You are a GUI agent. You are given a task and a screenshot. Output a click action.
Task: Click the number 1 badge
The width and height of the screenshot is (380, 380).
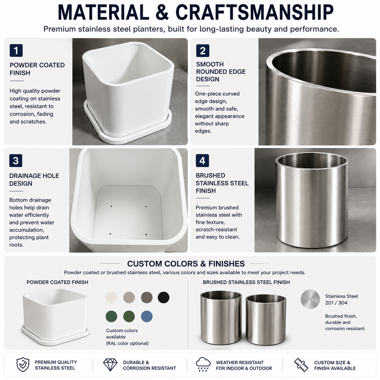pos(16,50)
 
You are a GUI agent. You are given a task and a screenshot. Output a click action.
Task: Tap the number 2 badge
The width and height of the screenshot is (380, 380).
pos(203,51)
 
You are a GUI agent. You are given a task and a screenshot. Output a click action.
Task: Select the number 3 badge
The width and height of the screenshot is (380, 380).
pos(16,160)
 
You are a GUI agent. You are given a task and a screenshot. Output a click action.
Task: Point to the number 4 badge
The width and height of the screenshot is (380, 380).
pos(202,160)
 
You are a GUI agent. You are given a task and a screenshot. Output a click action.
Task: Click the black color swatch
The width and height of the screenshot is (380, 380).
pos(163,297)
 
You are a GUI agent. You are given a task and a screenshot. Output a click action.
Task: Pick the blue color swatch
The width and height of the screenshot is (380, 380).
pos(146,316)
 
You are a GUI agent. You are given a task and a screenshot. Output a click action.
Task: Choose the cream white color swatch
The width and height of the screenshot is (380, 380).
pos(112,297)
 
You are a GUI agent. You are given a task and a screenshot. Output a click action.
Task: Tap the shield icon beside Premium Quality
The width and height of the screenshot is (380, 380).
pos(23,365)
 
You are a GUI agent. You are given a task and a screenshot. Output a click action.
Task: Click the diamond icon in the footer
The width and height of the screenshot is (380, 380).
pos(110,365)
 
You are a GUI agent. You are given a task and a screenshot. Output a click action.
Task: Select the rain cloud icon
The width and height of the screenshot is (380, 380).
pos(203,364)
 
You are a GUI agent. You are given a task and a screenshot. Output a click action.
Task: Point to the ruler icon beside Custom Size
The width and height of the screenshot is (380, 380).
pos(301,365)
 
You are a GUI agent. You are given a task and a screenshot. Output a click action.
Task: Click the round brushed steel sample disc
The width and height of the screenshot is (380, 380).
pos(310,299)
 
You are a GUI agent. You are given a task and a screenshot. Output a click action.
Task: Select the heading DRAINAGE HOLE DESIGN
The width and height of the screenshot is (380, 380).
pos(34,180)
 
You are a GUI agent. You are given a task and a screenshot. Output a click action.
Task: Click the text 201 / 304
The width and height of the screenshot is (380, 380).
pos(336,303)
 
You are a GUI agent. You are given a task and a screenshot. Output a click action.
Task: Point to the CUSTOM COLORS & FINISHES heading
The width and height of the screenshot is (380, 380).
pos(186,264)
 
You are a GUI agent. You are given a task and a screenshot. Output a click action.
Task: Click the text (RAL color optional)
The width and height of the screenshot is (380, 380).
pos(127,344)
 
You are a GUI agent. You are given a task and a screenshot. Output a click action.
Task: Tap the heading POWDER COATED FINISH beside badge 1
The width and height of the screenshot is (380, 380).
pos(37,69)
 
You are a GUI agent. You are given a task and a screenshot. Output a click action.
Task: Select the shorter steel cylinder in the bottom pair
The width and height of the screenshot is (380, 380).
pos(266,320)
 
